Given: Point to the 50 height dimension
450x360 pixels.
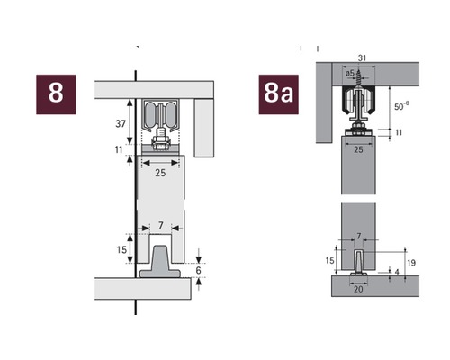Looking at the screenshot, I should point(401,106).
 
